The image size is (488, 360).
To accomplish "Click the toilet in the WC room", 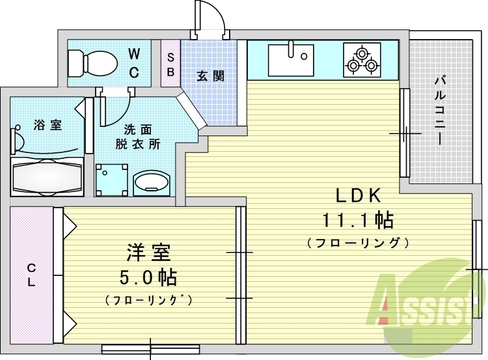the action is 93,62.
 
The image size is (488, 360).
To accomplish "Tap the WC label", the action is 134,64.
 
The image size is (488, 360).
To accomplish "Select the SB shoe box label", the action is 170,65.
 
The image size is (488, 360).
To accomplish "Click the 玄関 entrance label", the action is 210,76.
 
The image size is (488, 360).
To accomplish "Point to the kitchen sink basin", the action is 291,60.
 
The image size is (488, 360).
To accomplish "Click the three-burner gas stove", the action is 362,60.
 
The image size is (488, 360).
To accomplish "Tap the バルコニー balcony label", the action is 439,110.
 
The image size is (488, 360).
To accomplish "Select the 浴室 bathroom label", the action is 47,125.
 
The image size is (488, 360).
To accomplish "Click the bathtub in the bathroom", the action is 47,176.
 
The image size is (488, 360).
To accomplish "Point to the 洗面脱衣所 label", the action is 138,137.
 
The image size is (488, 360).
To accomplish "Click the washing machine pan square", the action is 111,180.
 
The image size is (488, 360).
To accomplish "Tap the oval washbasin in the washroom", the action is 152,183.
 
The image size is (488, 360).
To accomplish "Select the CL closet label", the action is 31,275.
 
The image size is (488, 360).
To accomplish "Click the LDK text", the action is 358,196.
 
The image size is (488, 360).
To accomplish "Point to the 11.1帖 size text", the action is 358,220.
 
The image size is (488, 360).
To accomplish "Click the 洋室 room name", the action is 148,253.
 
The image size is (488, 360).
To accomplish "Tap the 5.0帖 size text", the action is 148,277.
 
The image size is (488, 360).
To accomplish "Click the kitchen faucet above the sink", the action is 291,49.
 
